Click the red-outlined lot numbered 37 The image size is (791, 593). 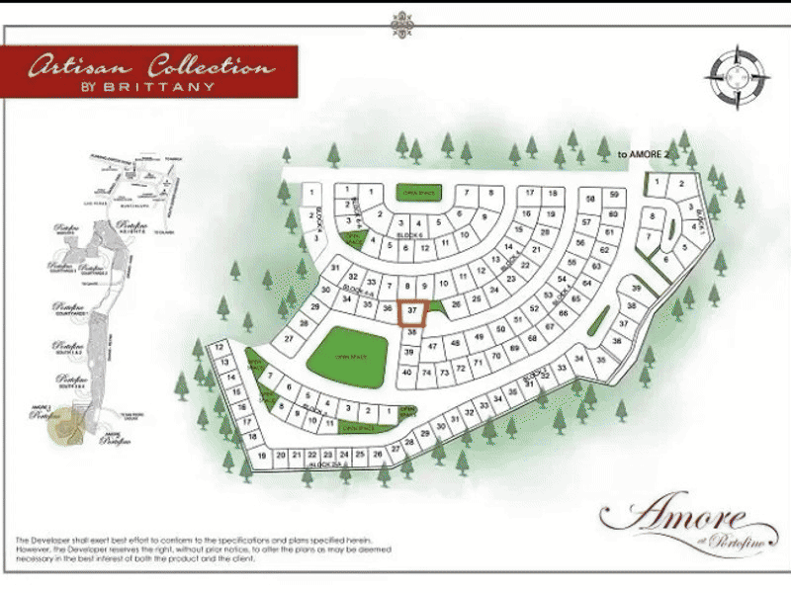413,311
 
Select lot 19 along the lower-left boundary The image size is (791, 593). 262,456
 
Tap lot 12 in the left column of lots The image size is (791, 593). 219,347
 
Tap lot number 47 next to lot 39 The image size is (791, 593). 430,346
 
